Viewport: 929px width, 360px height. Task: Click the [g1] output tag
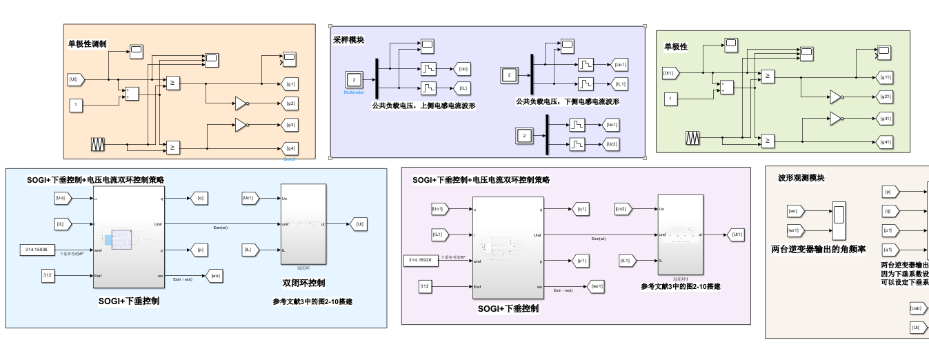pyautogui.click(x=291, y=84)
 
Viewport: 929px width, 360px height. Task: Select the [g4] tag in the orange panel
pyautogui.click(x=291, y=148)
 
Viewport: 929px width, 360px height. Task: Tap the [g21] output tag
pyautogui.click(x=886, y=96)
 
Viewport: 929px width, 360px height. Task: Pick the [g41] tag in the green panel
pyautogui.click(x=886, y=142)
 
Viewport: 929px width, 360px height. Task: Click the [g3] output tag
pyautogui.click(x=291, y=125)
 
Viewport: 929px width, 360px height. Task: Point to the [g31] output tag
pyautogui.click(x=886, y=119)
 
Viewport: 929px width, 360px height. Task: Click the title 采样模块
pyautogui.click(x=348, y=40)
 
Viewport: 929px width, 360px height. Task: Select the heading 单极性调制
pyautogui.click(x=87, y=43)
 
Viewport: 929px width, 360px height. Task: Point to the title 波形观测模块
pyautogui.click(x=801, y=178)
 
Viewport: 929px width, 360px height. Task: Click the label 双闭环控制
pyautogui.click(x=303, y=283)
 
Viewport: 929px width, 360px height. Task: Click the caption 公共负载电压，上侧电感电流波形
pyautogui.click(x=423, y=106)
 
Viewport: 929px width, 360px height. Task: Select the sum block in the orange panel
pyautogui.click(x=132, y=93)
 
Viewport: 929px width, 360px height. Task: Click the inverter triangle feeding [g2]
pyautogui.click(x=241, y=104)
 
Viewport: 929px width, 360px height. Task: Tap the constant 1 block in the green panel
pyautogui.click(x=669, y=99)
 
